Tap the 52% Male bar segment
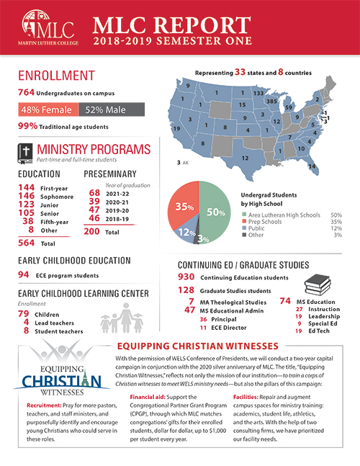112,110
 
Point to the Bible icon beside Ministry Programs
25,153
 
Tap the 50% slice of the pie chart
215,213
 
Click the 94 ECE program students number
23,274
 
